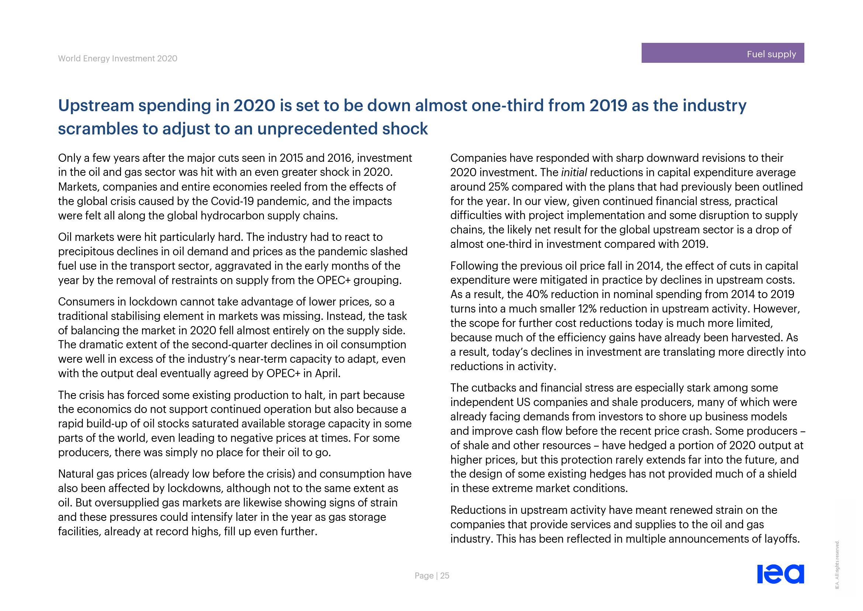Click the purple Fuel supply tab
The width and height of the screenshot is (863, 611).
coord(722,53)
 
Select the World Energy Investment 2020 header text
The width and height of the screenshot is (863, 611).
coord(117,58)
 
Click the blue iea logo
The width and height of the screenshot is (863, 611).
coord(780,574)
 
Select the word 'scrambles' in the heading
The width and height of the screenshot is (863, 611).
coord(97,129)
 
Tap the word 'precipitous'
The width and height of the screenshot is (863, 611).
coord(89,251)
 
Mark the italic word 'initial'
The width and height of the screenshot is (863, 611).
coord(574,172)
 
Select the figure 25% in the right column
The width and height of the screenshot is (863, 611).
coord(498,187)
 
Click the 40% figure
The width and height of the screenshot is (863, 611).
coord(538,294)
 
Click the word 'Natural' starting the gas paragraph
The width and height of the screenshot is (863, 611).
coord(76,474)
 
